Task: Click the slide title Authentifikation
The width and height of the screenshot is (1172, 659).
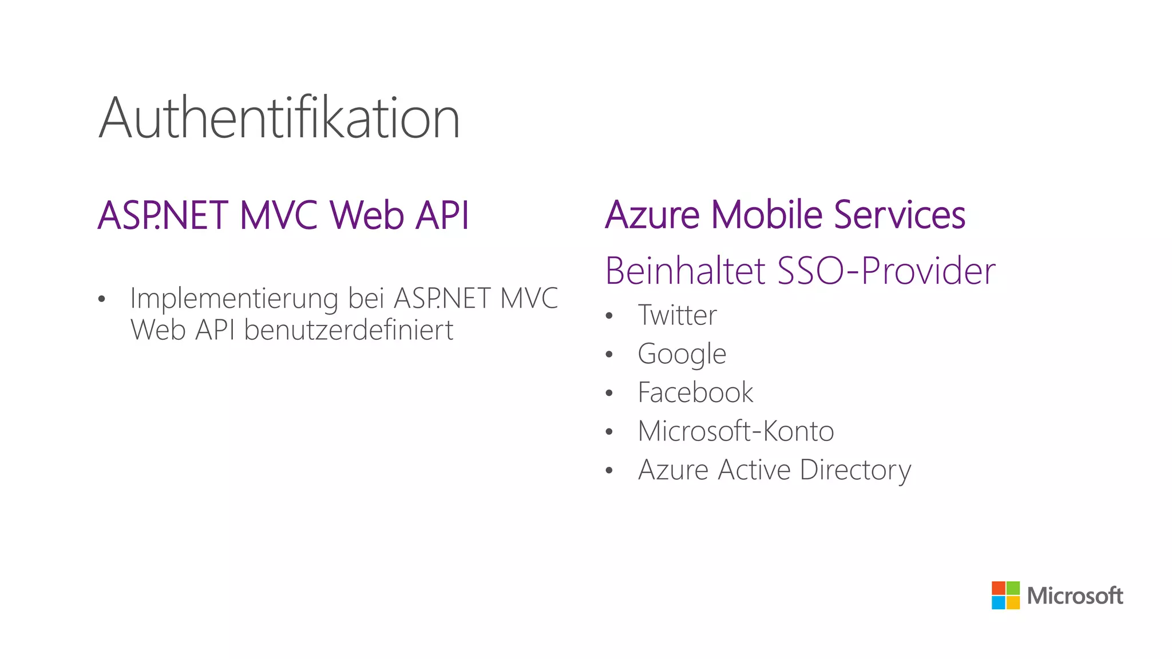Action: click(x=279, y=118)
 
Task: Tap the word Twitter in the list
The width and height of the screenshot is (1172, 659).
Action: click(x=677, y=315)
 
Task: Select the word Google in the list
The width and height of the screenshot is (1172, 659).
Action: click(x=682, y=354)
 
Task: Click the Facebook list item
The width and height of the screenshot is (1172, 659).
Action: click(x=695, y=392)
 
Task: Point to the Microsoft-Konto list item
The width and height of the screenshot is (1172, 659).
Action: click(x=736, y=431)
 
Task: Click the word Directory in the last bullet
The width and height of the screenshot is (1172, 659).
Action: click(x=855, y=470)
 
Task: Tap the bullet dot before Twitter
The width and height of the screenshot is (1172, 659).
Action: click(x=609, y=316)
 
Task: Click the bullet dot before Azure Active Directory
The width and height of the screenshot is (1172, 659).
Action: click(x=609, y=471)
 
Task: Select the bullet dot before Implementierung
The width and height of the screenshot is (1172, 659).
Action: click(x=102, y=299)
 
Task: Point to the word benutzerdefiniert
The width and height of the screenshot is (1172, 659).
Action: click(x=349, y=330)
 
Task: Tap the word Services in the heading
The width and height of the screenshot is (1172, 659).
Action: click(x=899, y=215)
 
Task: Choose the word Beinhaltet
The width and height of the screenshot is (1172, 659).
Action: click(x=685, y=271)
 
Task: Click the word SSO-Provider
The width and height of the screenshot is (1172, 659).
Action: click(x=886, y=271)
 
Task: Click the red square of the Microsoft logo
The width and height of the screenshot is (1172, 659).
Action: click(x=998, y=588)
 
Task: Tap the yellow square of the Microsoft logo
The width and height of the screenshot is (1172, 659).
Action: click(x=1013, y=603)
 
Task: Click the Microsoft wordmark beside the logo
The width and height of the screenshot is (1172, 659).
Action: click(x=1075, y=596)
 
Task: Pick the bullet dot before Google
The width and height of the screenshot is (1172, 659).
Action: click(x=609, y=355)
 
